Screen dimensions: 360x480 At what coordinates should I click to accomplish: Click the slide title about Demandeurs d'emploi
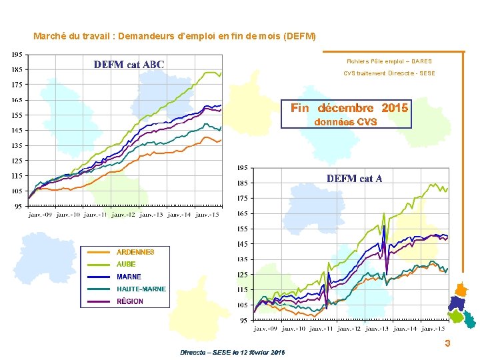click(175, 35)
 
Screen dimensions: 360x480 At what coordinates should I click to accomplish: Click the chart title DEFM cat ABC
click(129, 65)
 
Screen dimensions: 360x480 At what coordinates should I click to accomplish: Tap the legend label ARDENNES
click(135, 252)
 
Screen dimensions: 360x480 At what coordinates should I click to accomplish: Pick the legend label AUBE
click(126, 264)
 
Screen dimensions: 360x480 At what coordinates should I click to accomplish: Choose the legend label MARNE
click(129, 277)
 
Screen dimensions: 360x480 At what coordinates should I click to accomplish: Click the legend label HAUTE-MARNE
click(141, 289)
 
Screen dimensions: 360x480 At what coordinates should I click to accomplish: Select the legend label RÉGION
click(130, 301)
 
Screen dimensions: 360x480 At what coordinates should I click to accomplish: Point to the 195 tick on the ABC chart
click(18, 54)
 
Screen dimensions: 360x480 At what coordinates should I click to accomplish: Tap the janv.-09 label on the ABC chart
click(41, 215)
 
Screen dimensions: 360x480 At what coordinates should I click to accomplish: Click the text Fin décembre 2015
click(350, 108)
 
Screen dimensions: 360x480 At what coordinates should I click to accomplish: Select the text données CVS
click(345, 122)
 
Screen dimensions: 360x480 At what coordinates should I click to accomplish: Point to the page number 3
click(447, 343)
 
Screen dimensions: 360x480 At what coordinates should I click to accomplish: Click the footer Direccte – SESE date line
click(233, 352)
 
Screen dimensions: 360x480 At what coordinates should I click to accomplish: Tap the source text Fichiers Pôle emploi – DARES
click(389, 61)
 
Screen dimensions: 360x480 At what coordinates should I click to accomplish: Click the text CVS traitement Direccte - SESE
click(389, 73)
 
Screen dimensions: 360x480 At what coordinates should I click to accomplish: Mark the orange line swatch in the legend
click(99, 252)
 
